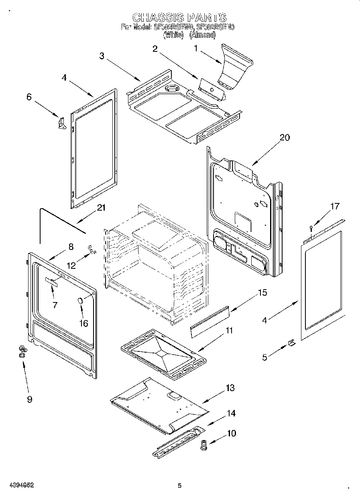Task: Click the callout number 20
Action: pyautogui.click(x=285, y=138)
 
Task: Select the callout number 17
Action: pyautogui.click(x=335, y=206)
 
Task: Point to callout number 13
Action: pyautogui.click(x=230, y=388)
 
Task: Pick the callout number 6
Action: pyautogui.click(x=28, y=97)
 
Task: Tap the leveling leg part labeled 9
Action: pyautogui.click(x=22, y=352)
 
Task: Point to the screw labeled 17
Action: pyautogui.click(x=311, y=229)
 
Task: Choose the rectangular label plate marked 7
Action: pyautogui.click(x=51, y=282)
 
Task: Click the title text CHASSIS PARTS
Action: pyautogui.click(x=179, y=17)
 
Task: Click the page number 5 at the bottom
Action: pyautogui.click(x=180, y=486)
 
